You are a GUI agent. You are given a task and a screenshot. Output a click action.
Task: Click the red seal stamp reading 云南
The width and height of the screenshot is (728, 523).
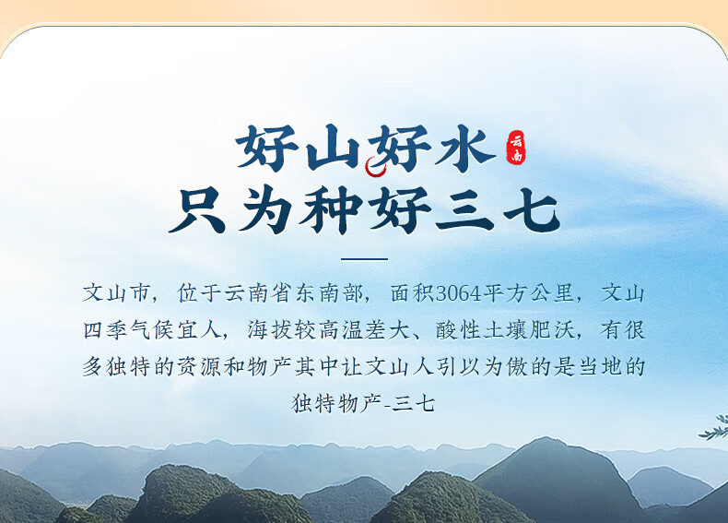[x=516, y=148]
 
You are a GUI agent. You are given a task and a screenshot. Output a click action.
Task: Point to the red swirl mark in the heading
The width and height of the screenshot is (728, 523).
[x=375, y=167]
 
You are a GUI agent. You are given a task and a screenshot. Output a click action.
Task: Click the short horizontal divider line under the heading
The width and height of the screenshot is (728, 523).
[x=364, y=259]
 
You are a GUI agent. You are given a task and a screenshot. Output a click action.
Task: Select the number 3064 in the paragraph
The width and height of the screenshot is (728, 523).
[x=459, y=294]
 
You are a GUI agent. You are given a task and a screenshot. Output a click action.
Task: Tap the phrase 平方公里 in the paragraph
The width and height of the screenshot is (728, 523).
[x=529, y=293]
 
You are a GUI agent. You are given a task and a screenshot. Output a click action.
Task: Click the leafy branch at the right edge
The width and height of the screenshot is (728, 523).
[x=715, y=428]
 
